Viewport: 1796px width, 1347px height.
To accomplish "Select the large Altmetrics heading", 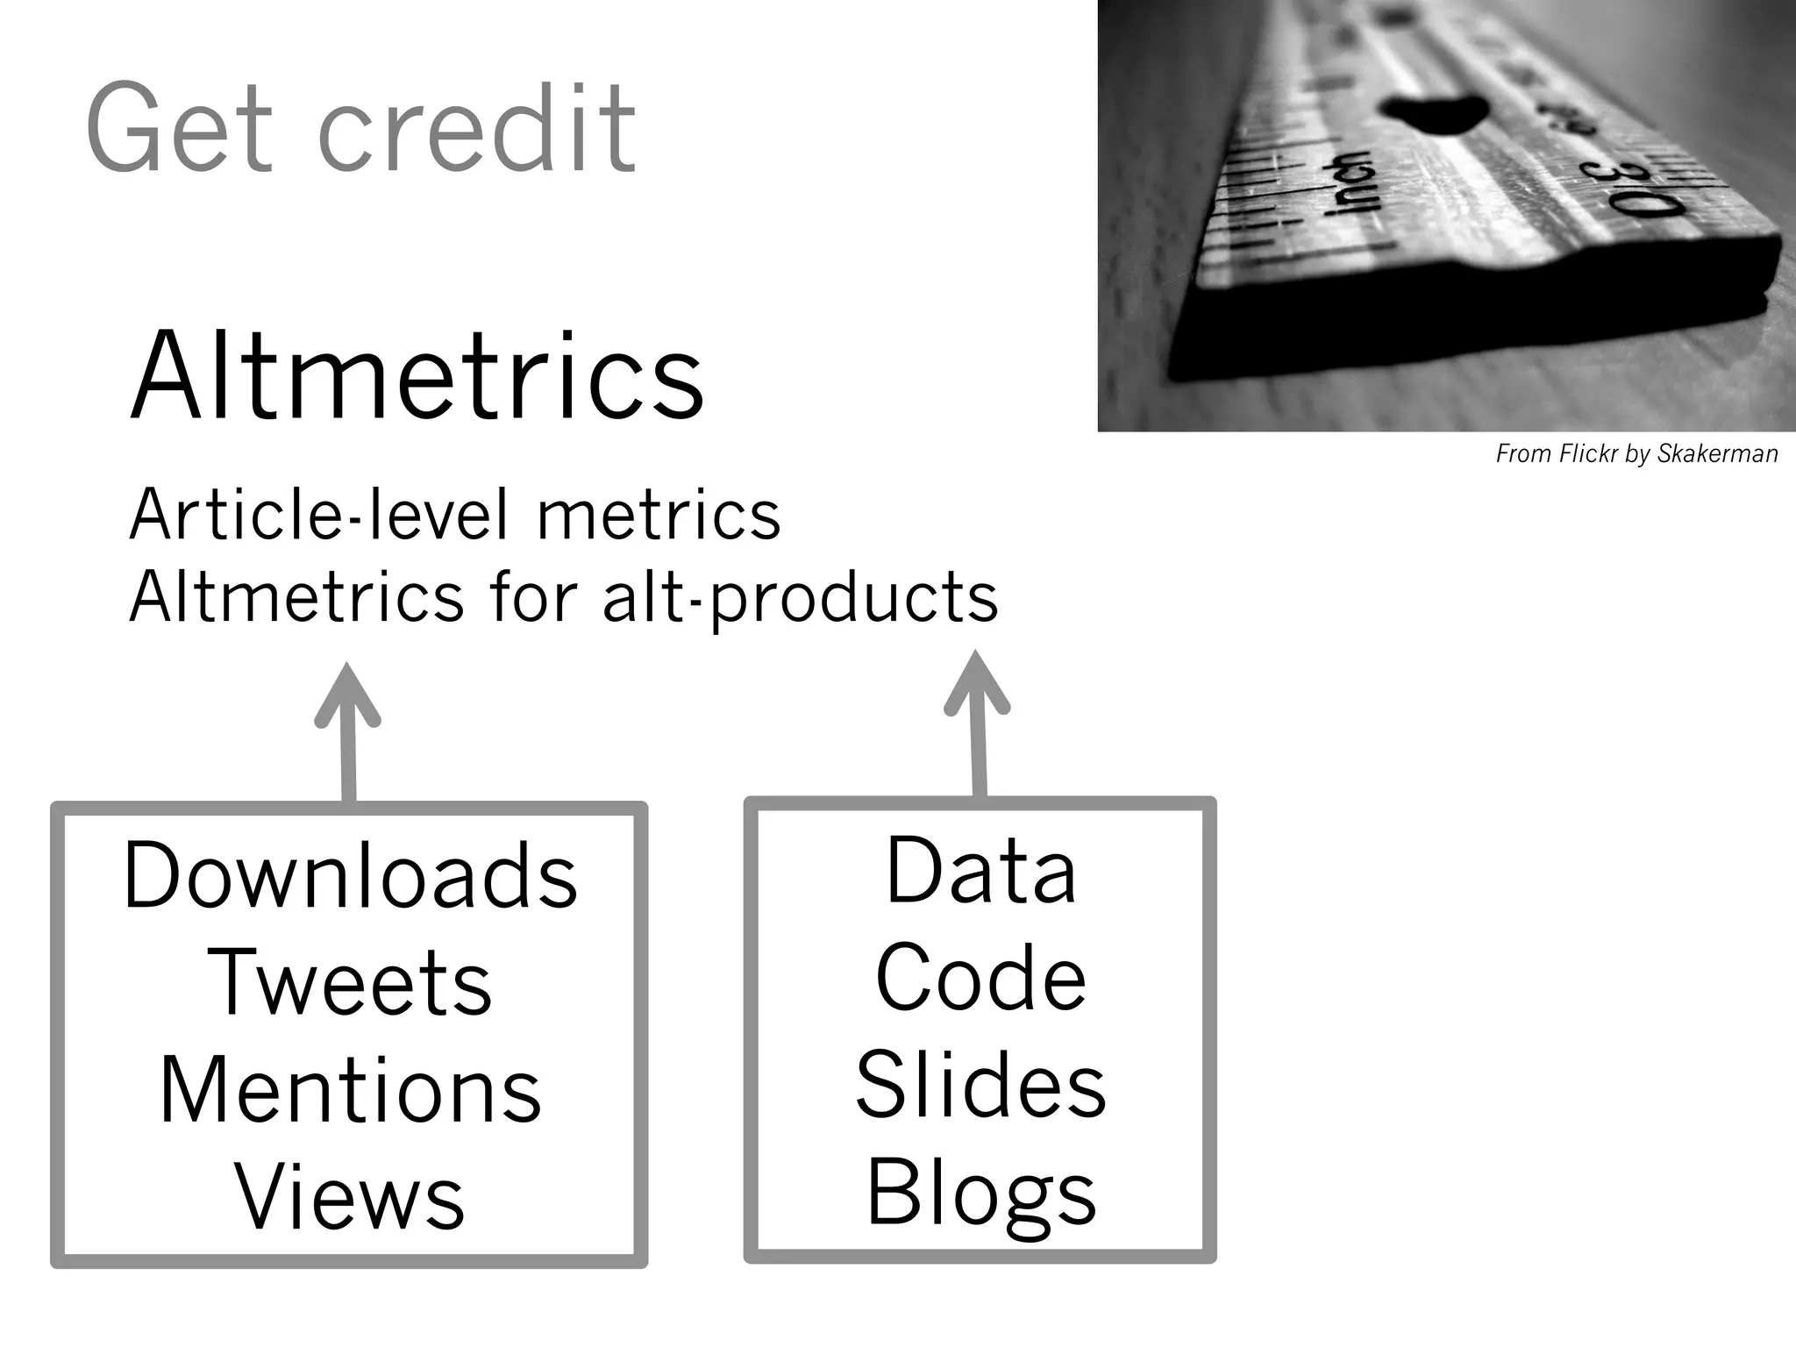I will coord(417,377).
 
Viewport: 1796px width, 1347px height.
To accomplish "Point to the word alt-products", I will coord(800,598).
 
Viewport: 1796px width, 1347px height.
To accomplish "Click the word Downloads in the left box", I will coord(351,875).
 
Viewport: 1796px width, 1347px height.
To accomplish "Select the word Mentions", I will coord(350,1090).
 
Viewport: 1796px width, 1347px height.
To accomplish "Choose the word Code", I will coord(980,978).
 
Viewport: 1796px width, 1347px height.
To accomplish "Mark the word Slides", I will coord(980,1086).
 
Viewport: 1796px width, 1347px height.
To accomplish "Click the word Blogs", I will coord(980,1194).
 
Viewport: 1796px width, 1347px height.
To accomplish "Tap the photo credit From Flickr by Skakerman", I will coord(1636,454).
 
